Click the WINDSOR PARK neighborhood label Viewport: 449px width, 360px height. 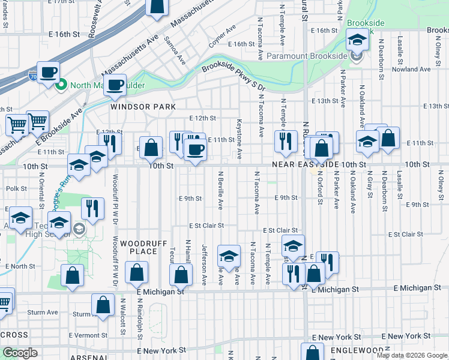[x=143, y=107]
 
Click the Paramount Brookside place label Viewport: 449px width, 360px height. [x=307, y=56]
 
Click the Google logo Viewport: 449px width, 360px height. [x=20, y=353]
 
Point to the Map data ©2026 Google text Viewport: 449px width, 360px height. [x=412, y=355]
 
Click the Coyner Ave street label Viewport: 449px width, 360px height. [x=220, y=39]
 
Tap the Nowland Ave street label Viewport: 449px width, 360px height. [x=411, y=69]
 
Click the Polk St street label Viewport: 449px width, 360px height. [x=16, y=188]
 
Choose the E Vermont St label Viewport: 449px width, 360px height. [x=89, y=335]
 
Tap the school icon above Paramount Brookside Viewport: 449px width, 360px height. [x=358, y=40]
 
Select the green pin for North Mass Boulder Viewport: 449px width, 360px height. [x=61, y=85]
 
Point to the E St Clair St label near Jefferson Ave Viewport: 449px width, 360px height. [x=206, y=226]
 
